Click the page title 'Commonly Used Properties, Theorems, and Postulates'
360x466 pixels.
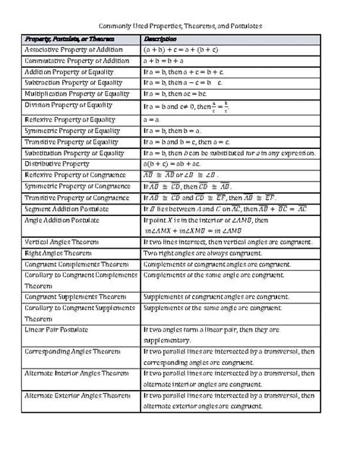point(180,25)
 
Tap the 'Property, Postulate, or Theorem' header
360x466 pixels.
point(65,38)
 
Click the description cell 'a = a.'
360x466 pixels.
point(152,120)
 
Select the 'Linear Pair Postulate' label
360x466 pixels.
point(57,329)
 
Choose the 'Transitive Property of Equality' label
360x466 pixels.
point(71,142)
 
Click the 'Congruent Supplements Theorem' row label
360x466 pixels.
point(75,296)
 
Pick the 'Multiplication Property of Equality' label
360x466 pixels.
point(77,94)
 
